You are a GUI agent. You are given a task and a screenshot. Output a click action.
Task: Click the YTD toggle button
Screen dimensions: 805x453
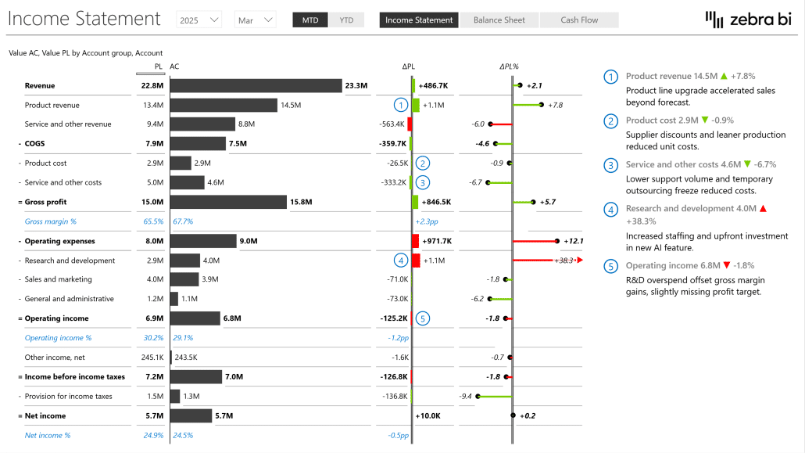(346, 20)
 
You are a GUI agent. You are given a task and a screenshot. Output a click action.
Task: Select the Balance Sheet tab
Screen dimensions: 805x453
(499, 20)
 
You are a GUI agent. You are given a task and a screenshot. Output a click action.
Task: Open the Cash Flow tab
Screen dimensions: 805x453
(579, 20)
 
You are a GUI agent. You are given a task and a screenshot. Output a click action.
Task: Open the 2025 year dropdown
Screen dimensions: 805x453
(199, 20)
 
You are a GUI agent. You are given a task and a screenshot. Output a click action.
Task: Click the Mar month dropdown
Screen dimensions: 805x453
(255, 20)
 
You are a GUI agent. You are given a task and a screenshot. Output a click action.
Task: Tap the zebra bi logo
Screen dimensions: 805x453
(748, 20)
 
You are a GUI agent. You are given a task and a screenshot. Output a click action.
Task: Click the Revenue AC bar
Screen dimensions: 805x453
(256, 85)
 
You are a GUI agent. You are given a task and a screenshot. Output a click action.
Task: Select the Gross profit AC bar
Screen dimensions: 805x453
(228, 202)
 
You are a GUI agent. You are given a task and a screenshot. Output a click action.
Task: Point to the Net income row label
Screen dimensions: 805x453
(45, 416)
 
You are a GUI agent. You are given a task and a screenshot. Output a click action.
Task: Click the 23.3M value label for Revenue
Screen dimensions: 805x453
(356, 86)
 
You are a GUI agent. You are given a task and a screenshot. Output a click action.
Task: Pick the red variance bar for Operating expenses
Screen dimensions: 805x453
(415, 241)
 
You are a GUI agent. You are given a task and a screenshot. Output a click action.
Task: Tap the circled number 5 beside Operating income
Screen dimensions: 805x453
(423, 318)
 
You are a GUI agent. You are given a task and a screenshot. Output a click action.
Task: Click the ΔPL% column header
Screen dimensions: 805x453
(509, 67)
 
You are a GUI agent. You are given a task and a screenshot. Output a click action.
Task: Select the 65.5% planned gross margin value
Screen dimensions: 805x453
(153, 221)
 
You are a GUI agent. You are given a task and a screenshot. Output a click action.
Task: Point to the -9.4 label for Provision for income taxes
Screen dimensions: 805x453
(466, 397)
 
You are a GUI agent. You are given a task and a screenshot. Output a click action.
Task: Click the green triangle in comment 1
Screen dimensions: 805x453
(724, 76)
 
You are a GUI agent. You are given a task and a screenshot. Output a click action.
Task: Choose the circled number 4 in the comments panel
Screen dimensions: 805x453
(610, 210)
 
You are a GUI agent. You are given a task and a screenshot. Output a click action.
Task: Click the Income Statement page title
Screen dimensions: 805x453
(84, 19)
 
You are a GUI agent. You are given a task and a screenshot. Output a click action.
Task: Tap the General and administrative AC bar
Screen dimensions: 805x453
(174, 299)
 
